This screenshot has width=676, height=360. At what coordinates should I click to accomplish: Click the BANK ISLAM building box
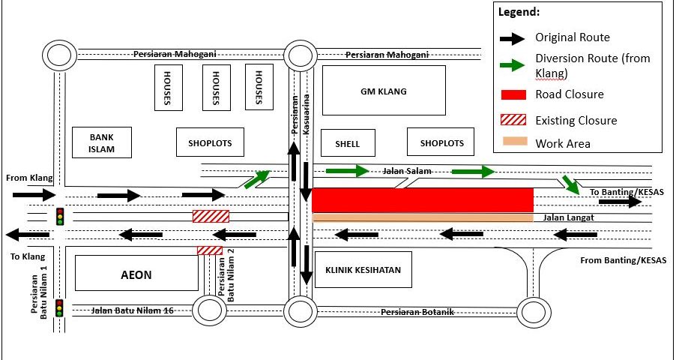[102, 142]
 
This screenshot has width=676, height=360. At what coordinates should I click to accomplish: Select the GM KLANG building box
[383, 91]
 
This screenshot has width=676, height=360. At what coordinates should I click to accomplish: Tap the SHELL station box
[348, 143]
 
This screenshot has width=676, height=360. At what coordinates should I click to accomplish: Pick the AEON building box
[136, 274]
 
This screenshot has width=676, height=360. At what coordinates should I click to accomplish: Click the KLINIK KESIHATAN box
[363, 270]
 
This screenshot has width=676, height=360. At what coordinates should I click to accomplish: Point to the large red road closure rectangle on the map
[422, 200]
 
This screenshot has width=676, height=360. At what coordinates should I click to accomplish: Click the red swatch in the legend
[513, 94]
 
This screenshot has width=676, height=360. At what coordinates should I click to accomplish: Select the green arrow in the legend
[513, 65]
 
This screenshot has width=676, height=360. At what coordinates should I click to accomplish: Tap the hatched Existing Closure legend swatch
[513, 120]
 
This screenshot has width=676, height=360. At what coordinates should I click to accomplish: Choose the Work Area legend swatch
[513, 142]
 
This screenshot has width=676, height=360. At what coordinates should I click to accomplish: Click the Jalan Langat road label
[559, 217]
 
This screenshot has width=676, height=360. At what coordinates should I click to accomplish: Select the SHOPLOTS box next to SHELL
[442, 142]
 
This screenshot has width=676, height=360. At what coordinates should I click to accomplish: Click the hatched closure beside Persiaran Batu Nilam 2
[210, 250]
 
